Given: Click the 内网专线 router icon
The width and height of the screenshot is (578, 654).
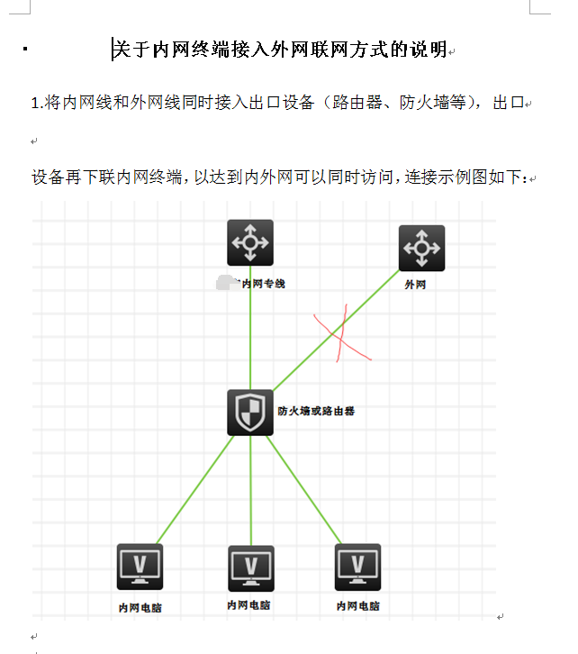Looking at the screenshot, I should coord(250,243).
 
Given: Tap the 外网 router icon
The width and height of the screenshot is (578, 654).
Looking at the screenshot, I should coord(421,248).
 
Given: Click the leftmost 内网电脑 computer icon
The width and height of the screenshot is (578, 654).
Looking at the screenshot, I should coord(140,567).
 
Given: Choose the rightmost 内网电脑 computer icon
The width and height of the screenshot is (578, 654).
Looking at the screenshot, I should coord(357,567).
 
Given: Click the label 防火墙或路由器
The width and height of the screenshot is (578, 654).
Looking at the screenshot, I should coord(316,411).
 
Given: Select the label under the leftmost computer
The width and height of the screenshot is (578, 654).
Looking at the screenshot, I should coord(140,608).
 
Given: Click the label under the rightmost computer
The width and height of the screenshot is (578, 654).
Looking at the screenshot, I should coord(357,606).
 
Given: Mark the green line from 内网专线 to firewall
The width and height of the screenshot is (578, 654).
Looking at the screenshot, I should coord(250,333).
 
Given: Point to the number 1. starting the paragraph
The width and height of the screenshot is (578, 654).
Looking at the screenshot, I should coord(37,103).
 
